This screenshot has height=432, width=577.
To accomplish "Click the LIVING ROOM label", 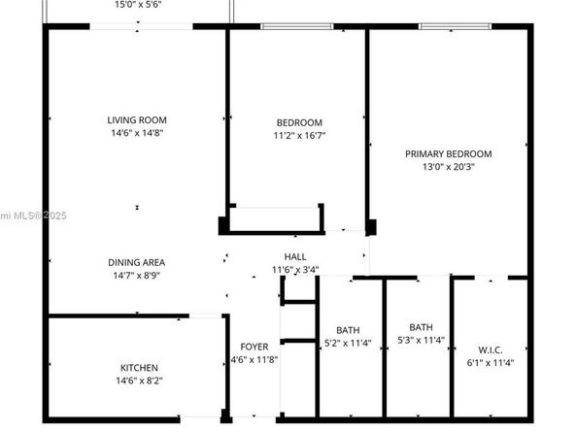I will [136, 120].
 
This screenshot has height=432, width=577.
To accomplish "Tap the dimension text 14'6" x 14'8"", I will [136, 133].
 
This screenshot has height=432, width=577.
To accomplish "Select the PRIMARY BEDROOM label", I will [448, 153].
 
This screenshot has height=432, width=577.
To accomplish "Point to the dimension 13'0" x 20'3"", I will [448, 166].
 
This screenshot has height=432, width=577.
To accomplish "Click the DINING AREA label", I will [136, 262].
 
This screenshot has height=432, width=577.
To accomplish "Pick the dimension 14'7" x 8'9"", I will [136, 275].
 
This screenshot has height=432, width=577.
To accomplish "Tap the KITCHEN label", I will [138, 368].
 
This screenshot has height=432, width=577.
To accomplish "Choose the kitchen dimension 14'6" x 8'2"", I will [138, 381].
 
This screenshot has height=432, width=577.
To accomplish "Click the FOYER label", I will [255, 347].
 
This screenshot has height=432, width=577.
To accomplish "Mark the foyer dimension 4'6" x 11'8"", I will [255, 359].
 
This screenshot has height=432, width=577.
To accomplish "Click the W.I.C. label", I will [490, 349].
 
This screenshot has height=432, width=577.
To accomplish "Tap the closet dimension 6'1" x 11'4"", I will [490, 362].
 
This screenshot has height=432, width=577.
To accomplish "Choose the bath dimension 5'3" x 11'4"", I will [422, 340].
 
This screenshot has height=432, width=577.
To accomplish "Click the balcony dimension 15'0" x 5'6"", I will [137, 5].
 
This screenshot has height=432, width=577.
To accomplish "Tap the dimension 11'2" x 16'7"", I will [299, 135].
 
